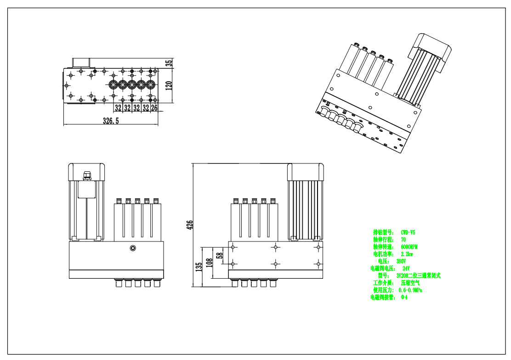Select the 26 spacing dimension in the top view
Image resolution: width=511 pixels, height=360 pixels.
click(154, 108)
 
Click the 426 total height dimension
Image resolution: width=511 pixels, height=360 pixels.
click(189, 224)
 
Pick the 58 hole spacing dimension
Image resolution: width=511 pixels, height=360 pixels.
click(220, 254)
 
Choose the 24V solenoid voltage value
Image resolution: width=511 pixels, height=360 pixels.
click(405, 268)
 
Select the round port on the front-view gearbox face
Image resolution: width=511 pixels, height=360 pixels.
click(133, 248)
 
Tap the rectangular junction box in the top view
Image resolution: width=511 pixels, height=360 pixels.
click(81, 62)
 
